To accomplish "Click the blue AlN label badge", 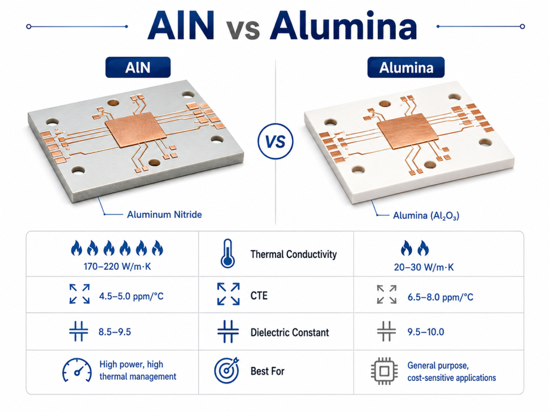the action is point(138,67).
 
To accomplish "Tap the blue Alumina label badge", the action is point(406,67).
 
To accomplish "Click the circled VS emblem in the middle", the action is point(276,142).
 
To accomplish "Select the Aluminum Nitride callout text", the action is point(164,215).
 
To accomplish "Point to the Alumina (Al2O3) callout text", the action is point(426,216).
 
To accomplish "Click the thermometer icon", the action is point(227,254).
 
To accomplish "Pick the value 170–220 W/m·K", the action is point(117,267).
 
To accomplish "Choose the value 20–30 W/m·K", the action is point(424,267).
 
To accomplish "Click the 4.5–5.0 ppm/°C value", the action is point(131,296).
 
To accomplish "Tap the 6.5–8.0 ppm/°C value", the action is point(440,297).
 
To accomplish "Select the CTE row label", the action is point(259,296).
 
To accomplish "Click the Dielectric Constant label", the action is point(290,333).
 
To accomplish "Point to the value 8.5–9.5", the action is point(115,332).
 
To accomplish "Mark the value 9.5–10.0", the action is point(425,332).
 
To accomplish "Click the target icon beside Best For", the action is point(227,370).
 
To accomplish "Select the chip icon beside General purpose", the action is point(384,371).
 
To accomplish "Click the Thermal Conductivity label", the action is point(293,254).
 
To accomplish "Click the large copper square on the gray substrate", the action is point(136,130).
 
